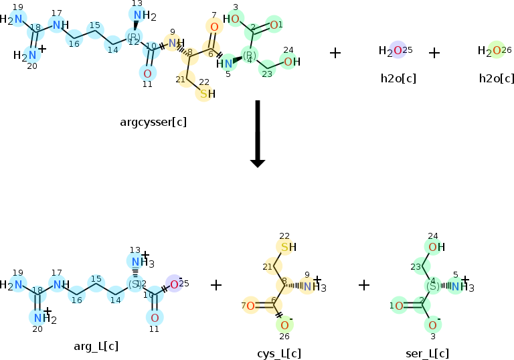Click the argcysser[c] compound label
[x=153, y=122]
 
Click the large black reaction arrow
[x=257, y=134]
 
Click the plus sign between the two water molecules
[x=434, y=52]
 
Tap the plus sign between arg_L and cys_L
[x=216, y=285]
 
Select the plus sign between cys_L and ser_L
[x=363, y=285]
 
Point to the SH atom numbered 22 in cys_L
[x=286, y=248]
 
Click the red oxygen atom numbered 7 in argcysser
[x=214, y=27]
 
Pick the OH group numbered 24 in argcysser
[x=290, y=62]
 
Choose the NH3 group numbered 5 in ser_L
[x=458, y=287]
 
